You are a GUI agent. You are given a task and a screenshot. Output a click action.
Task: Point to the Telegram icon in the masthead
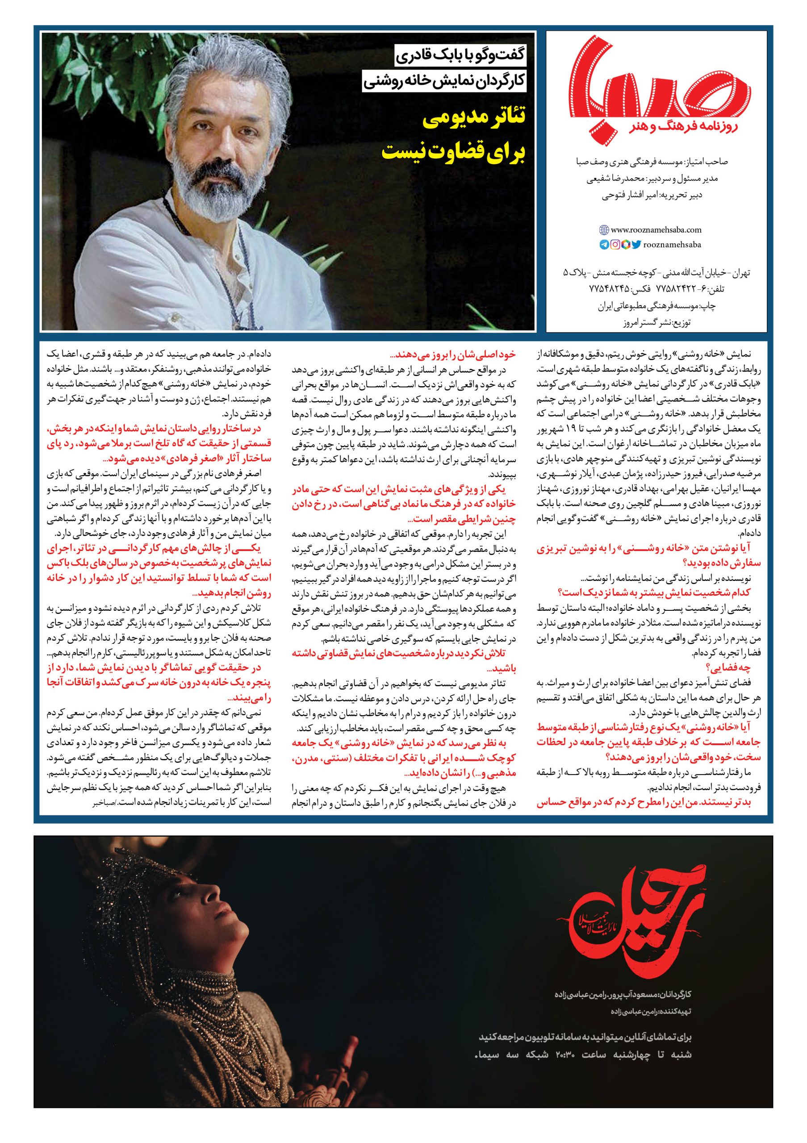click(x=604, y=244)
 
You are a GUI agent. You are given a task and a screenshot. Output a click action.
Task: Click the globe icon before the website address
click(x=604, y=230)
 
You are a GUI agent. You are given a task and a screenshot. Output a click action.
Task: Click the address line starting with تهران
click(x=656, y=273)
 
